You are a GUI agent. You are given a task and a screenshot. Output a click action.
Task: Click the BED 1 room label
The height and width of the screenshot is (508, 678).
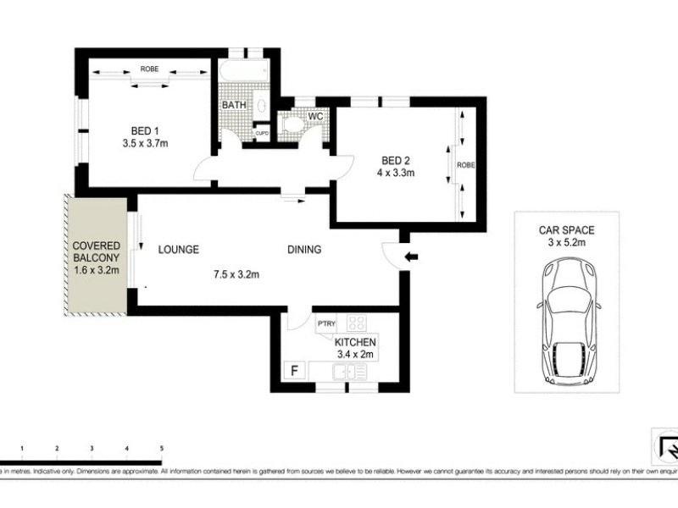[145, 130]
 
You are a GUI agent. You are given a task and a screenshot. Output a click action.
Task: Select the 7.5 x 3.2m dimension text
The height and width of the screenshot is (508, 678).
[236, 273]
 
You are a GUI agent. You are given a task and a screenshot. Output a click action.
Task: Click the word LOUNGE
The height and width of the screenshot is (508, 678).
[179, 250]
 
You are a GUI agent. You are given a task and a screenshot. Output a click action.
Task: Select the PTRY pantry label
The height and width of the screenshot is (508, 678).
[326, 323]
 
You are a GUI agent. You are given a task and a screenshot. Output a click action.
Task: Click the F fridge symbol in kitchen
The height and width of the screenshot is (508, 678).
[294, 371]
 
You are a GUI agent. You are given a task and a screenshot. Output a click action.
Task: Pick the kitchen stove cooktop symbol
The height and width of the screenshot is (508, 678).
[356, 323]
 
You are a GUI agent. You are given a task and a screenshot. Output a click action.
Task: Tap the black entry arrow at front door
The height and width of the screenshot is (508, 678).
[411, 257]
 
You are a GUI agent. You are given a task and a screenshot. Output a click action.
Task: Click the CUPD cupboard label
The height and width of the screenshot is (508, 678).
[263, 131]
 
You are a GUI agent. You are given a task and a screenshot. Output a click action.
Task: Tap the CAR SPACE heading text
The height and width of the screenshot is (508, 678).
[565, 229]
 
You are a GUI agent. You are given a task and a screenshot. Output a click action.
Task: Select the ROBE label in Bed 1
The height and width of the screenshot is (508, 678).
[149, 69]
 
